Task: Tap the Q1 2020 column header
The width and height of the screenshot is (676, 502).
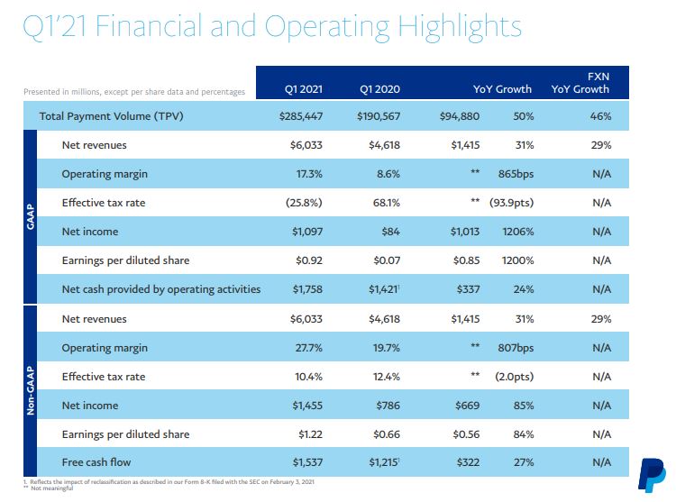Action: (379, 89)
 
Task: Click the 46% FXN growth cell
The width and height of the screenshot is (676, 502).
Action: (601, 116)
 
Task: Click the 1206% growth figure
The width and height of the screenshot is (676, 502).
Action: (517, 232)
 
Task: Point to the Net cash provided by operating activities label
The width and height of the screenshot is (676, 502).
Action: (160, 289)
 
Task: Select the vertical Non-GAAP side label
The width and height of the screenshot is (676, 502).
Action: (32, 390)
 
